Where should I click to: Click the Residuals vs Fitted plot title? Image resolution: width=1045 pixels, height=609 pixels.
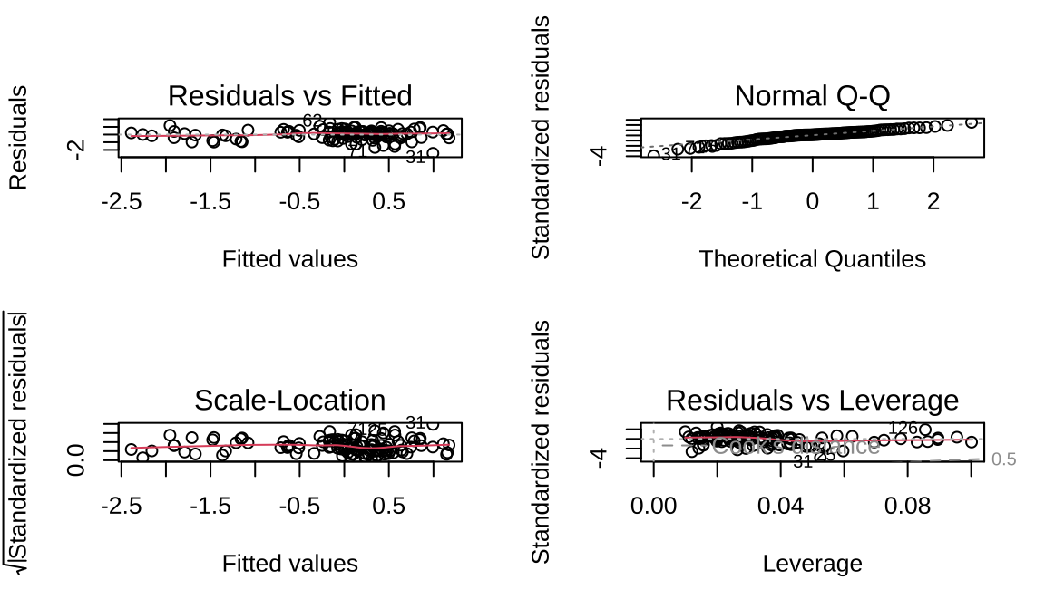(x=290, y=95)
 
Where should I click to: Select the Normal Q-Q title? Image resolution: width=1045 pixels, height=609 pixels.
(x=812, y=95)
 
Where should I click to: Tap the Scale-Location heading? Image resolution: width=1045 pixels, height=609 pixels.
(x=290, y=400)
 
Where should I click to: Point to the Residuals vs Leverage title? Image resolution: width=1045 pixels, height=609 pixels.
(x=812, y=400)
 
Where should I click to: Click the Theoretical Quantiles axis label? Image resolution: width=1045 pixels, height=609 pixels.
(x=812, y=259)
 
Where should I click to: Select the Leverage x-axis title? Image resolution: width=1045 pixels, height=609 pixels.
(x=812, y=564)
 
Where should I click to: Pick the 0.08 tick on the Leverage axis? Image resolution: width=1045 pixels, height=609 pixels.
(x=908, y=506)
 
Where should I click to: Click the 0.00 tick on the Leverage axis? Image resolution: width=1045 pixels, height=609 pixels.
(x=653, y=506)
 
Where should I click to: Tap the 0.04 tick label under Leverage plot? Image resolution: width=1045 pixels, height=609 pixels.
(x=781, y=506)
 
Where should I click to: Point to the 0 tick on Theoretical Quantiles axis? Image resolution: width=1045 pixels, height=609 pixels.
(x=812, y=201)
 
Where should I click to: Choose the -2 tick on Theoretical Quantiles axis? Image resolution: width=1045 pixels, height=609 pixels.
(x=691, y=201)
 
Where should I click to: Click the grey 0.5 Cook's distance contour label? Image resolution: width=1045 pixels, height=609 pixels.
(x=1003, y=460)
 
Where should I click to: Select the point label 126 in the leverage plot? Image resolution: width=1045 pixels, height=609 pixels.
(x=903, y=428)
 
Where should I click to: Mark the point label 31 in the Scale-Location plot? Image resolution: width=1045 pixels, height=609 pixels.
(x=415, y=422)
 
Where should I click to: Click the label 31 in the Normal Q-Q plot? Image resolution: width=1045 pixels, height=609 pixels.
(x=669, y=155)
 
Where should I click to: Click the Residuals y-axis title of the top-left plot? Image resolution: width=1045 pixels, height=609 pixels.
(x=18, y=138)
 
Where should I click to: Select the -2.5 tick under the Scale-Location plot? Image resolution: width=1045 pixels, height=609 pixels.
(x=120, y=506)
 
